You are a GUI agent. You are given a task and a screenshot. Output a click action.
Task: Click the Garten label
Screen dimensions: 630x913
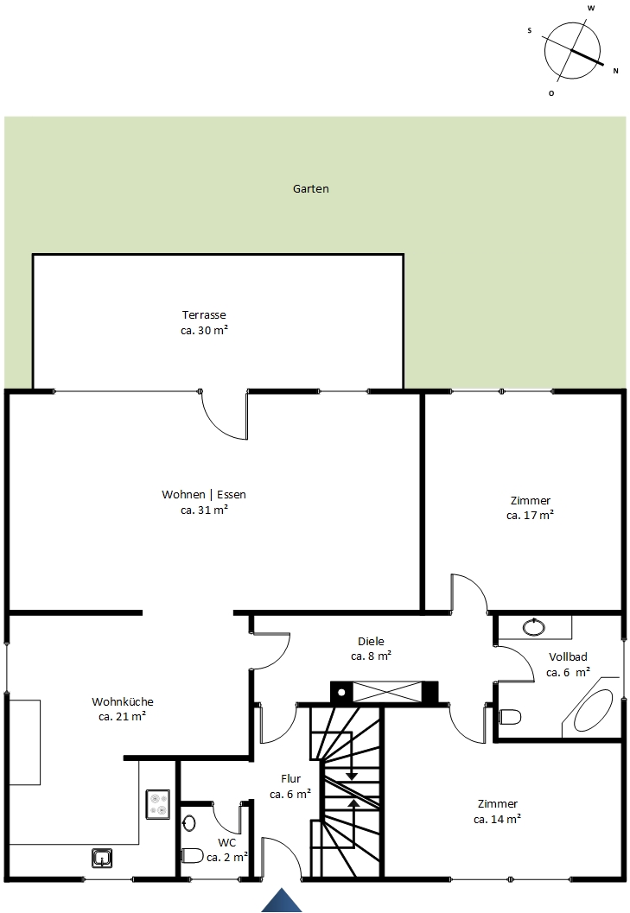click(x=310, y=188)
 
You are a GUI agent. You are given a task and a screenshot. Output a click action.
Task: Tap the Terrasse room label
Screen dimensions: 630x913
click(x=204, y=315)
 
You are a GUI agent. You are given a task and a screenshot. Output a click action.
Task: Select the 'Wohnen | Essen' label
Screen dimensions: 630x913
click(x=204, y=494)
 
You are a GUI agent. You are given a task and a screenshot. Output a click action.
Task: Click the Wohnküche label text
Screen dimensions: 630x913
click(x=123, y=701)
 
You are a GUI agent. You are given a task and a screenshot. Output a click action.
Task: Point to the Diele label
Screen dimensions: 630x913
click(x=372, y=641)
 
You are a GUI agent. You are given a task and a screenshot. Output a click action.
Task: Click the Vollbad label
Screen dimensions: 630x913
click(x=569, y=656)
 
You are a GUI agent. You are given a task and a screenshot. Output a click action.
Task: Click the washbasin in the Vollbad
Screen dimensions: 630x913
click(x=533, y=627)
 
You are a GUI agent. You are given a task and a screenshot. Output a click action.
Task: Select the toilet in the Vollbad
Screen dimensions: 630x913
click(x=510, y=716)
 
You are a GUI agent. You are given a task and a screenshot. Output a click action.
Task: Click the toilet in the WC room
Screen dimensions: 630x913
click(x=192, y=855)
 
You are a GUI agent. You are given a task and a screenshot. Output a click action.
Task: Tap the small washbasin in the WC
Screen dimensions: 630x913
click(x=189, y=823)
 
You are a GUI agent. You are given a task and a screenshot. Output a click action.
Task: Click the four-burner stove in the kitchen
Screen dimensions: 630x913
click(x=157, y=804)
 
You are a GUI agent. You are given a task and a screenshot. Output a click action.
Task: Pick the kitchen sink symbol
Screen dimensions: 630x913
click(x=102, y=858)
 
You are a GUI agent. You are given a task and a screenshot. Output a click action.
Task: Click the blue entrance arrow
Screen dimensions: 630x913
click(x=282, y=901)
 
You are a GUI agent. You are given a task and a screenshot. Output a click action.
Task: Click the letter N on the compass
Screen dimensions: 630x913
click(x=615, y=71)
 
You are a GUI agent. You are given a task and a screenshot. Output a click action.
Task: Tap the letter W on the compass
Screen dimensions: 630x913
click(x=591, y=9)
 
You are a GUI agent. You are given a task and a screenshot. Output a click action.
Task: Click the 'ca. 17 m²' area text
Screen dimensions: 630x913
click(x=530, y=516)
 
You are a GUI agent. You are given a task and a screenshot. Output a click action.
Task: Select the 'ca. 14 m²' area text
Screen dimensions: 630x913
click(x=497, y=819)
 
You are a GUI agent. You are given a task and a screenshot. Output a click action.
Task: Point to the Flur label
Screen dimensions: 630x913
click(x=291, y=778)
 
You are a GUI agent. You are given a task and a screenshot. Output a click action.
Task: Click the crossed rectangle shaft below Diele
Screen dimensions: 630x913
click(x=387, y=692)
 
